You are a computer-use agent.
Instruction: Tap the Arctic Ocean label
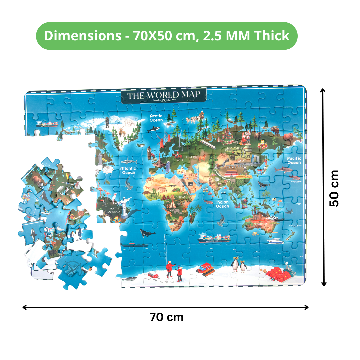click(x=156, y=118)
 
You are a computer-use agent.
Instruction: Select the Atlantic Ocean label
click(x=128, y=170)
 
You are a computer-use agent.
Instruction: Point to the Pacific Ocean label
click(x=294, y=160)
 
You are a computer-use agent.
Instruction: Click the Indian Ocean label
click(x=222, y=204)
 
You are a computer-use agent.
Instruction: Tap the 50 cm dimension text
click(x=334, y=188)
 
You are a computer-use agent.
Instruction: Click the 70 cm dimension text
click(x=166, y=317)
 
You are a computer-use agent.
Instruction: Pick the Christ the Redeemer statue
click(x=124, y=205)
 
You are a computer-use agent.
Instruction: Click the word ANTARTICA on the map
click(x=167, y=282)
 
